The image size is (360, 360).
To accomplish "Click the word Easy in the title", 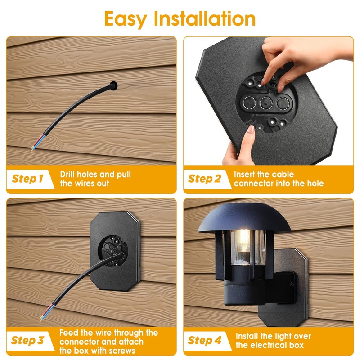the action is [x=126, y=19].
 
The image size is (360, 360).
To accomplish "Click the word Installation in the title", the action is [x=205, y=18].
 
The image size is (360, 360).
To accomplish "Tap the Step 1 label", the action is [x=27, y=179].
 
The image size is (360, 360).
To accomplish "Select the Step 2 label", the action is [x=204, y=179].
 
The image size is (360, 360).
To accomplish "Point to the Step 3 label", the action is [x=27, y=340].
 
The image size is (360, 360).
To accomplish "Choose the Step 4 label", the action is [x=204, y=340].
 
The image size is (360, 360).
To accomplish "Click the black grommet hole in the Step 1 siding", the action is [x=114, y=85].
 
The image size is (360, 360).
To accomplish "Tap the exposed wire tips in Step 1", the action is [x=33, y=148].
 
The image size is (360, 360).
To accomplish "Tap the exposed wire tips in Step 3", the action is [x=42, y=318].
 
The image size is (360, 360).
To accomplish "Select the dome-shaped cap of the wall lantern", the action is [x=244, y=218].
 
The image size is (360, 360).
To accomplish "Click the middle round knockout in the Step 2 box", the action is [x=266, y=103].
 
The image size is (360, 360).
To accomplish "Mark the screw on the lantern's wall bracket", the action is [x=292, y=284].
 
